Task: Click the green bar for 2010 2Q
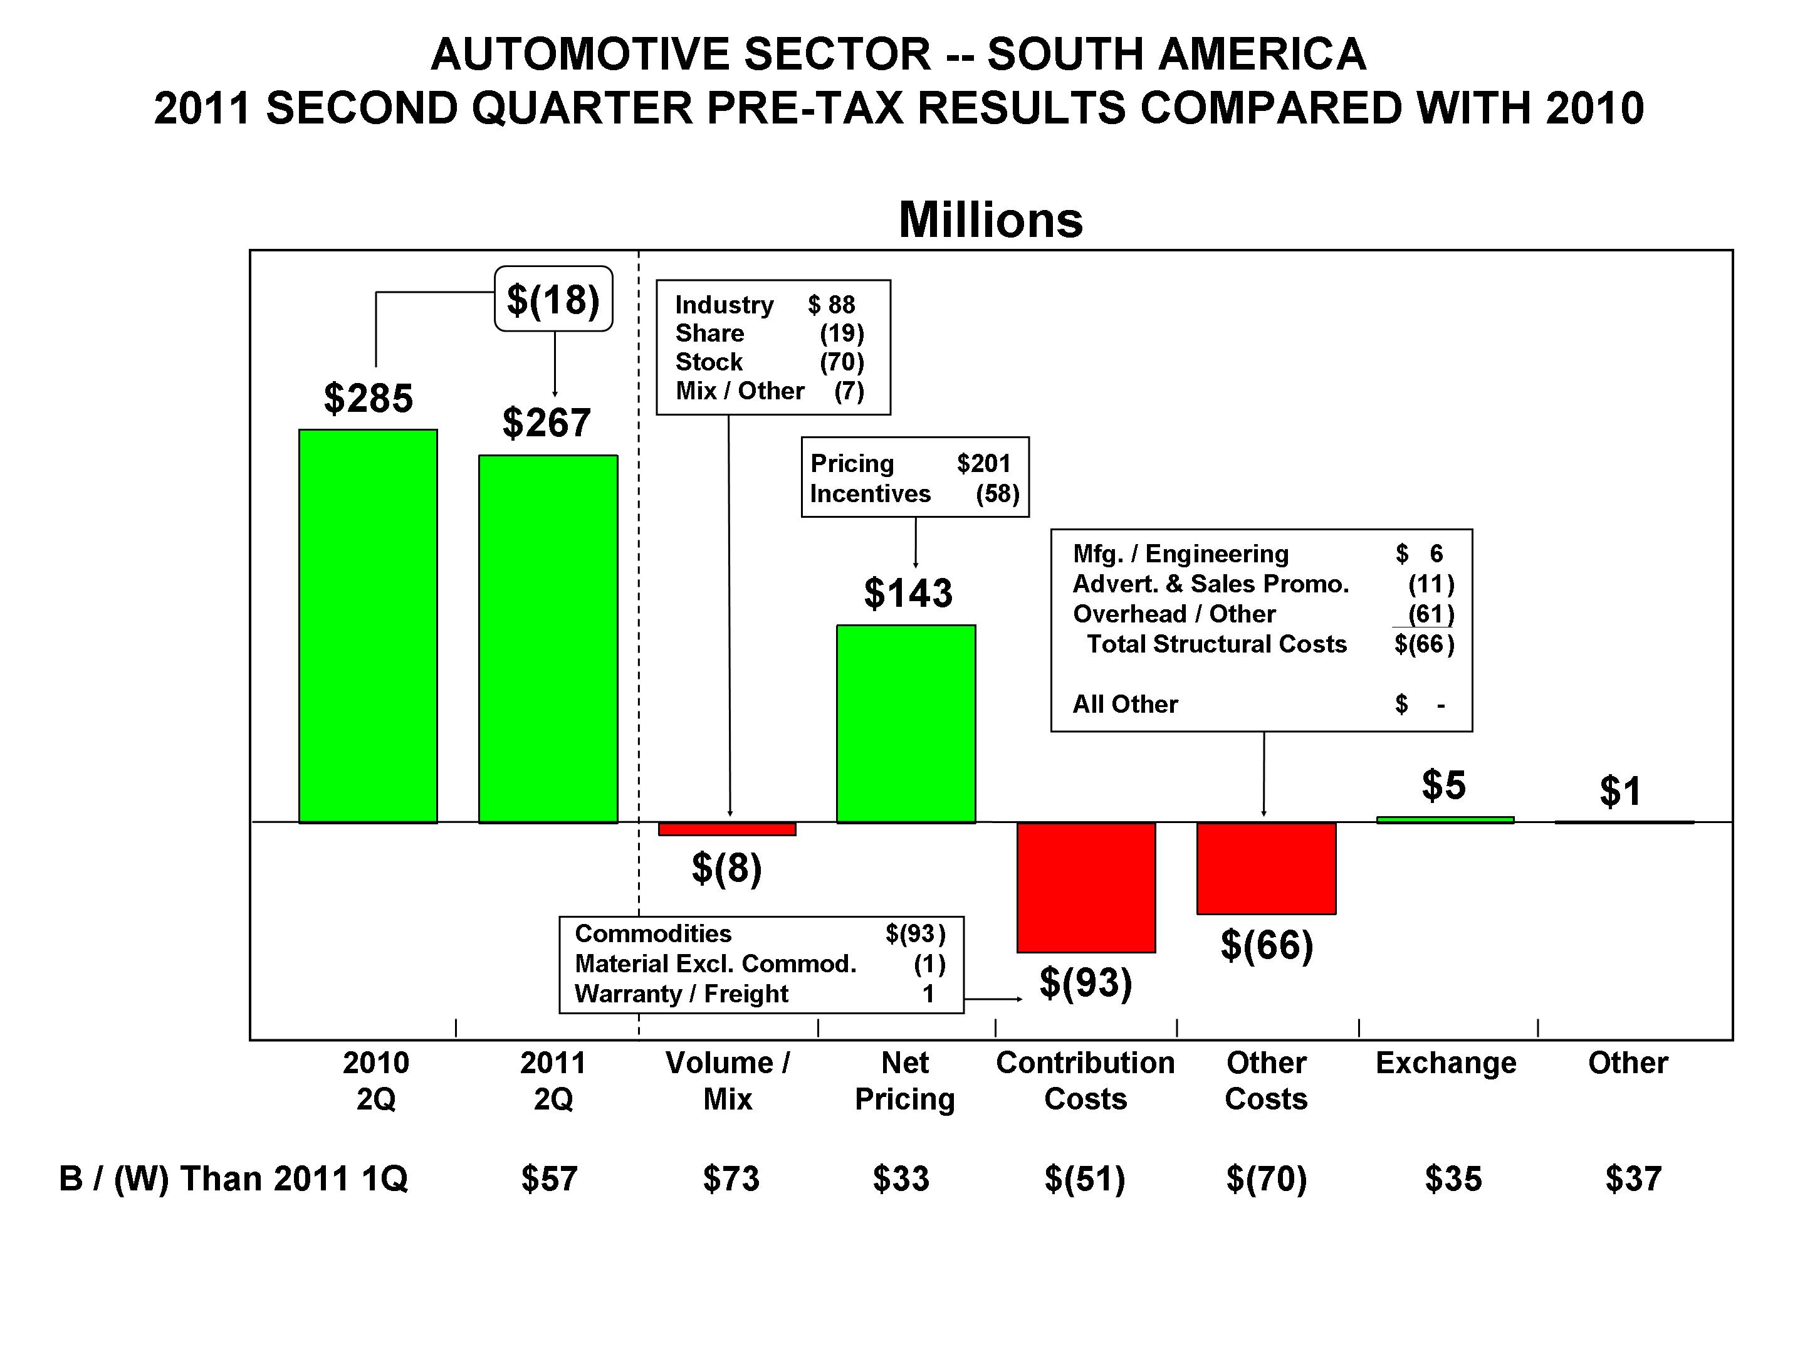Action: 368,626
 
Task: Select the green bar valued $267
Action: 548,639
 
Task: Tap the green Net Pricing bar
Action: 906,724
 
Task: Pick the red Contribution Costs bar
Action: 1086,887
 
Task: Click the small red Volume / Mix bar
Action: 727,829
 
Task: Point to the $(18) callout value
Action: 553,300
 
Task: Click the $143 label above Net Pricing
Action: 908,594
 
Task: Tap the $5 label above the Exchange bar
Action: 1443,785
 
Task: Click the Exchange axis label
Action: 1446,1063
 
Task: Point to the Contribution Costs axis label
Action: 1086,1081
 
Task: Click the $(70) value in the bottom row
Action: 1267,1179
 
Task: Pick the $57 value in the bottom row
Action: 549,1179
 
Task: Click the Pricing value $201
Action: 983,464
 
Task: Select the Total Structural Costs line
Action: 1216,644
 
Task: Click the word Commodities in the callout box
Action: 653,933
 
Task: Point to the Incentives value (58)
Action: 997,494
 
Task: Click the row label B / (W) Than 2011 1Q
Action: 233,1179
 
